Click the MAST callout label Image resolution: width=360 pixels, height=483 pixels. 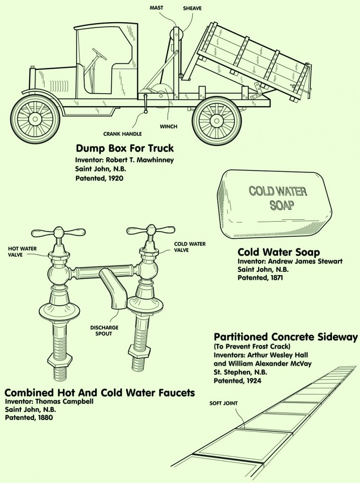click(x=156, y=8)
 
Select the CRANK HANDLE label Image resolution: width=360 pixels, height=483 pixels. click(x=124, y=134)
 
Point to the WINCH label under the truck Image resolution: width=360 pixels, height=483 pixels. click(x=168, y=126)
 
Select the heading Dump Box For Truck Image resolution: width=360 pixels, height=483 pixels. click(x=125, y=148)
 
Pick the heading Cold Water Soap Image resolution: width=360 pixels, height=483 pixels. click(x=279, y=252)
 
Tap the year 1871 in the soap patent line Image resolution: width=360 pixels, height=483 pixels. click(x=274, y=278)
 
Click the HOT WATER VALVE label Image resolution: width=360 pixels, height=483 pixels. click(x=22, y=251)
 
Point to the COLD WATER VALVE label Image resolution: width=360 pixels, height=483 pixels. click(x=189, y=247)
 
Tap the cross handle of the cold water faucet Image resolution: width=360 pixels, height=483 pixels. click(x=151, y=230)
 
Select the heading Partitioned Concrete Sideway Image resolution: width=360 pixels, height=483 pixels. click(x=286, y=337)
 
